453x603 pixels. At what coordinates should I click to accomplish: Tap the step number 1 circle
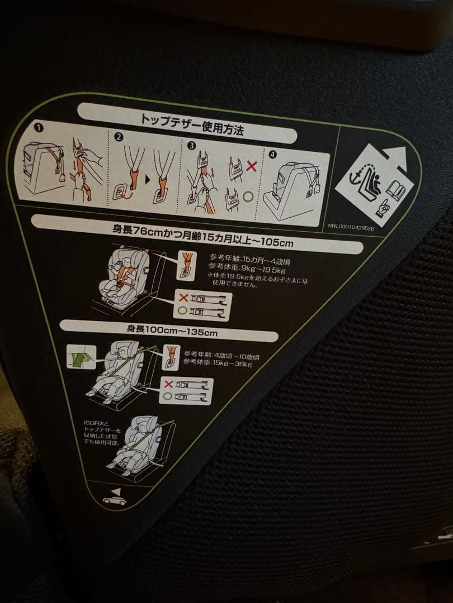(x=39, y=128)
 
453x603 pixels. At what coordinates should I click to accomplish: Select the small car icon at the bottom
(x=114, y=500)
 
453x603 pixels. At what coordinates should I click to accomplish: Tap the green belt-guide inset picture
(x=81, y=356)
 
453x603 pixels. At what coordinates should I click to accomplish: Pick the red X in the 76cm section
(x=183, y=297)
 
